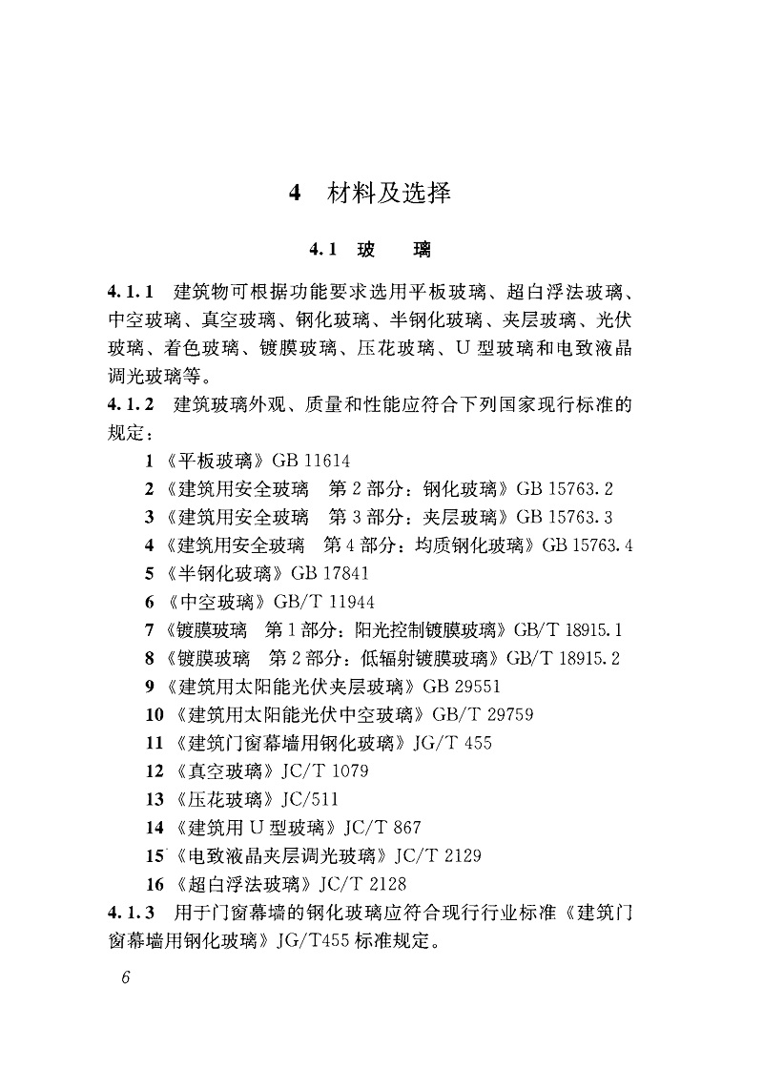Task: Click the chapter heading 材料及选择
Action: (x=388, y=193)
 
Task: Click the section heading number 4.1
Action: (x=324, y=251)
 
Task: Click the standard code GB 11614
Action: (x=311, y=462)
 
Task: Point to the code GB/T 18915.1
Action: (x=568, y=629)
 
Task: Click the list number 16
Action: (x=154, y=883)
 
